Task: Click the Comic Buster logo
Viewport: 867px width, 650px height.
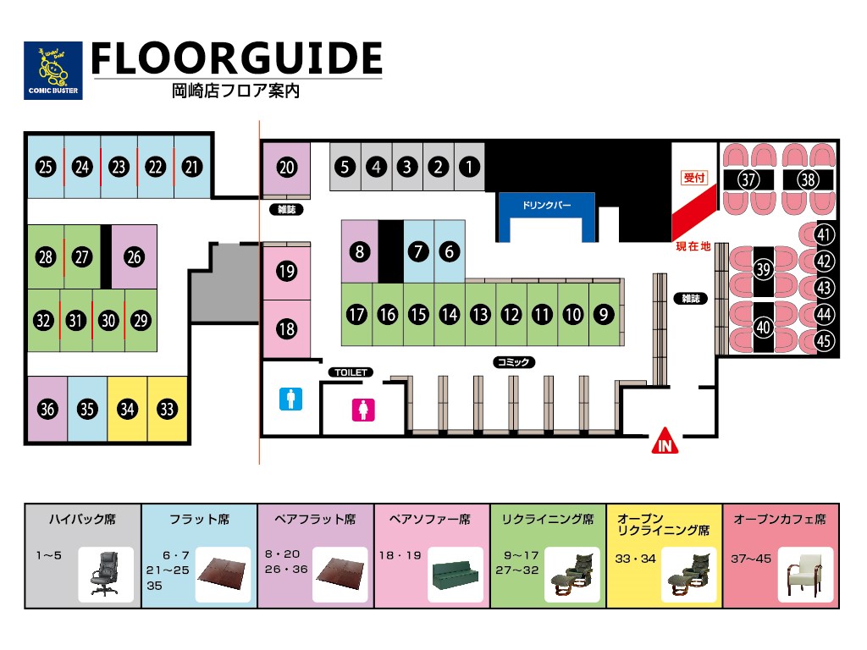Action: coord(53,70)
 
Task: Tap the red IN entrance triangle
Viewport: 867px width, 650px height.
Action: coord(665,441)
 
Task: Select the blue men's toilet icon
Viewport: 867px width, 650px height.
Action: coord(291,399)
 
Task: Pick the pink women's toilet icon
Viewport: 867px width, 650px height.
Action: coord(363,410)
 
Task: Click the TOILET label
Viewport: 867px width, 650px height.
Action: coord(351,372)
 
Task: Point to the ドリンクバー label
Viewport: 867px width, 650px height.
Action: coord(546,205)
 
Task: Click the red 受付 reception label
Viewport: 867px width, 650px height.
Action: coord(694,178)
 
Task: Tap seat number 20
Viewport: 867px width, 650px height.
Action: coord(286,167)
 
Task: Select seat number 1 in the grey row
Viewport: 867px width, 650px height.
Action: coord(469,167)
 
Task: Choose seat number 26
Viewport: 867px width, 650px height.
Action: coord(134,256)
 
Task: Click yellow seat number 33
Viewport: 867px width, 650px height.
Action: coord(167,409)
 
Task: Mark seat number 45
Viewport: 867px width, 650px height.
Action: coord(824,340)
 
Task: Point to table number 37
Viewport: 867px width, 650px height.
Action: coord(748,179)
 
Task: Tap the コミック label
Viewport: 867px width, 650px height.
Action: coord(514,362)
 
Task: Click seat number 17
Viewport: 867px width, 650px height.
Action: coord(356,315)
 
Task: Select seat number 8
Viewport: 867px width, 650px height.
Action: coord(359,251)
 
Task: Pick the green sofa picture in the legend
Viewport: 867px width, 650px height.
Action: coord(455,575)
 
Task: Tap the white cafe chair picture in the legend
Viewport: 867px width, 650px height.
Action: coord(805,575)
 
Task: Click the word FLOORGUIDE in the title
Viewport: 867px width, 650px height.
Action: coord(237,58)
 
